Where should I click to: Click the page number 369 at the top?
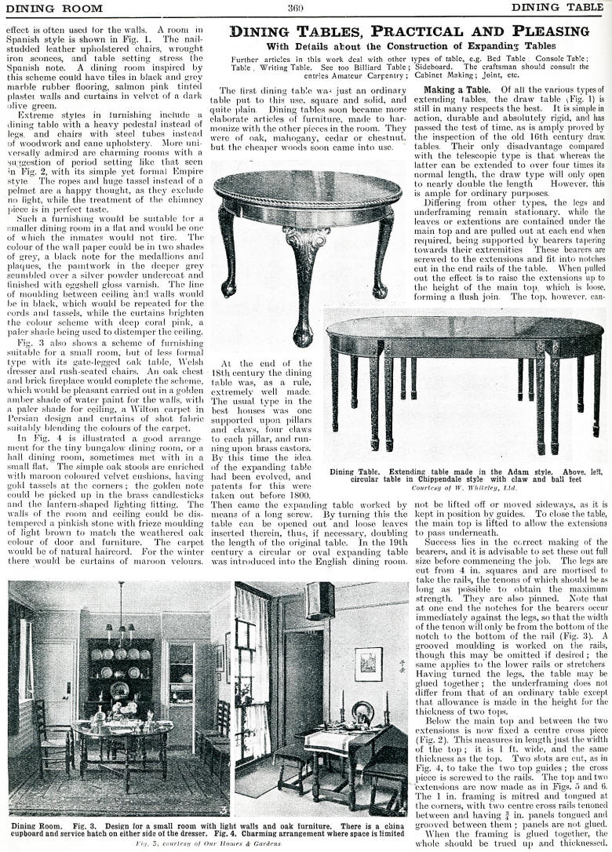(x=295, y=8)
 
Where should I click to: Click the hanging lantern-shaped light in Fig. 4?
(x=320, y=600)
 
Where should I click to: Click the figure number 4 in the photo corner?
(x=402, y=810)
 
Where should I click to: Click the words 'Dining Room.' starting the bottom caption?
(x=34, y=826)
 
